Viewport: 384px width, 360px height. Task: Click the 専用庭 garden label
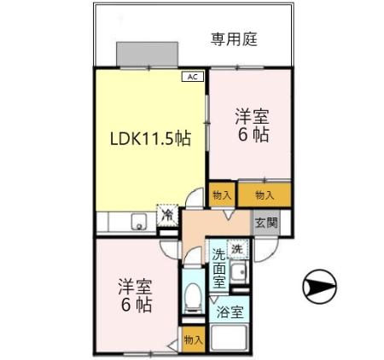click(x=234, y=38)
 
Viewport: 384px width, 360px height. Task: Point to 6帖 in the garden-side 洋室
click(x=252, y=136)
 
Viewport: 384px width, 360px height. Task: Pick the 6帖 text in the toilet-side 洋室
click(x=135, y=305)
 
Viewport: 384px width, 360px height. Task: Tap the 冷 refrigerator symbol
click(x=168, y=214)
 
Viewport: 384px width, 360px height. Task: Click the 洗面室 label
click(x=219, y=267)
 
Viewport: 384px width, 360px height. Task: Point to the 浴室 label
click(x=230, y=312)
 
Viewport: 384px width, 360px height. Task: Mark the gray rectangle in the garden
click(x=147, y=53)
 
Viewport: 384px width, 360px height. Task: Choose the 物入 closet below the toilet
click(x=194, y=340)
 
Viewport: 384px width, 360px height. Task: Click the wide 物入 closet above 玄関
click(x=265, y=195)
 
